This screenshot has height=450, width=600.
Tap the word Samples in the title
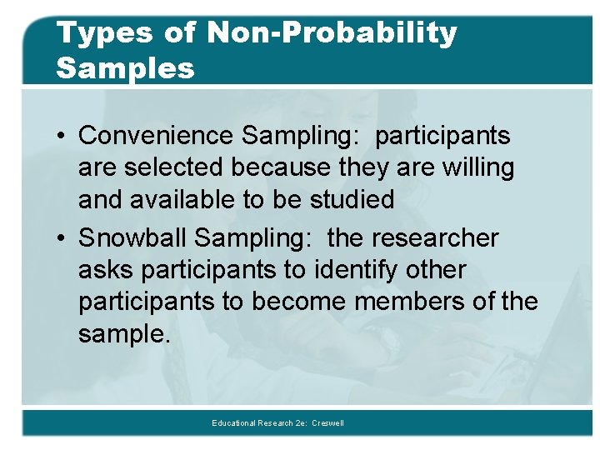[x=125, y=68]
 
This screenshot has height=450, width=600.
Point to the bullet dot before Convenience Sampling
[x=62, y=136]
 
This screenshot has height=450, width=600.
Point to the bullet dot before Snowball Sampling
[x=62, y=239]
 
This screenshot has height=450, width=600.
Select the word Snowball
[x=133, y=238]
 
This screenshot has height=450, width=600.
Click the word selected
[x=176, y=167]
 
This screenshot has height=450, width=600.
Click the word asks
[x=106, y=270]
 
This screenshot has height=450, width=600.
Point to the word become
[x=298, y=302]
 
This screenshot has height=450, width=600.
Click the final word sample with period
[x=124, y=335]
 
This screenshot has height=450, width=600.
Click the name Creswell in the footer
[x=328, y=423]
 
